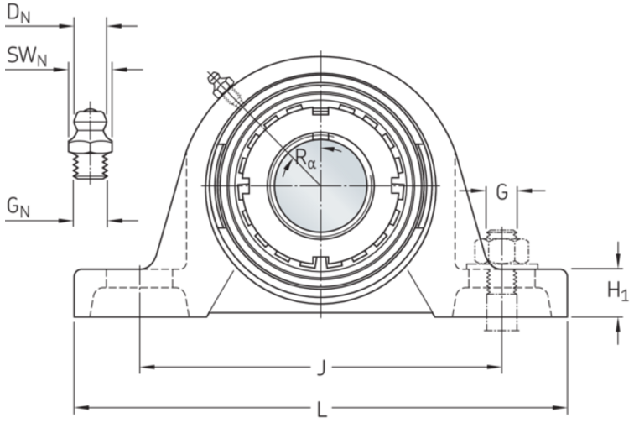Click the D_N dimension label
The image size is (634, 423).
tap(19, 14)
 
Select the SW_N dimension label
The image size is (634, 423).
tap(27, 56)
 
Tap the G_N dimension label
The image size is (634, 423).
tap(18, 207)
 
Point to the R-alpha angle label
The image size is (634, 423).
tap(305, 159)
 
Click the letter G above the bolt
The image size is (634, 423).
tap(501, 192)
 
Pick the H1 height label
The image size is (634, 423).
tap(618, 291)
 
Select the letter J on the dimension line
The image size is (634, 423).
tap(321, 368)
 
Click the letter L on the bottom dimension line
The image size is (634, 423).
tap(321, 410)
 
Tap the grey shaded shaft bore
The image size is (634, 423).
tap(320, 185)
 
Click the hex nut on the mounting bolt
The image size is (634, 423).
tap(501, 252)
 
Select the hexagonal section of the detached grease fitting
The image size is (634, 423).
tap(90, 146)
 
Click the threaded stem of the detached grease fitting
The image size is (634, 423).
tap(90, 166)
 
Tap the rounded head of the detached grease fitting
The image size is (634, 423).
tap(90, 119)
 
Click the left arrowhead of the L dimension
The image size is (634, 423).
tap(81, 408)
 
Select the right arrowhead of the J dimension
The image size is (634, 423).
tap(495, 367)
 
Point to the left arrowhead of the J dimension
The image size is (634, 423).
tap(147, 367)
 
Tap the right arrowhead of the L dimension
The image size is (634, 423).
tap(560, 408)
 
